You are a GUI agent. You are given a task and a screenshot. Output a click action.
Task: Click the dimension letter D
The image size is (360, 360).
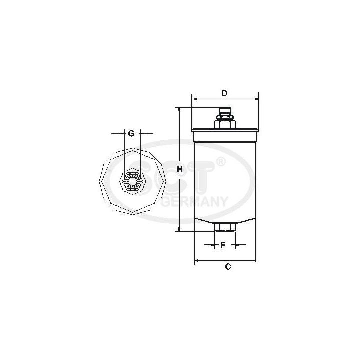225,93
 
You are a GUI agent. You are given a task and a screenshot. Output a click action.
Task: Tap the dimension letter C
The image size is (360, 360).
227,267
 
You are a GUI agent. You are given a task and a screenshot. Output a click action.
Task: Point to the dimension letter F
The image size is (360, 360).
223,245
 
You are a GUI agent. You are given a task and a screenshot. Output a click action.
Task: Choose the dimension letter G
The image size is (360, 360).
131,133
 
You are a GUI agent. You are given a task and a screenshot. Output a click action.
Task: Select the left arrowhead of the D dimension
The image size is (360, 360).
195,99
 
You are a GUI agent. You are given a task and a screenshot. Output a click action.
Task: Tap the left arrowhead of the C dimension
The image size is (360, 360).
196,260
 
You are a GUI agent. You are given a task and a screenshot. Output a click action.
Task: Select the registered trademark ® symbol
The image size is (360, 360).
221,161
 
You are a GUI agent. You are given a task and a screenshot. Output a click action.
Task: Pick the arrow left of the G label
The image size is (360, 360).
119,134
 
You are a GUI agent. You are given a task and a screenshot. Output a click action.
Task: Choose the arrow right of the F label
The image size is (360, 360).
237,245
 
